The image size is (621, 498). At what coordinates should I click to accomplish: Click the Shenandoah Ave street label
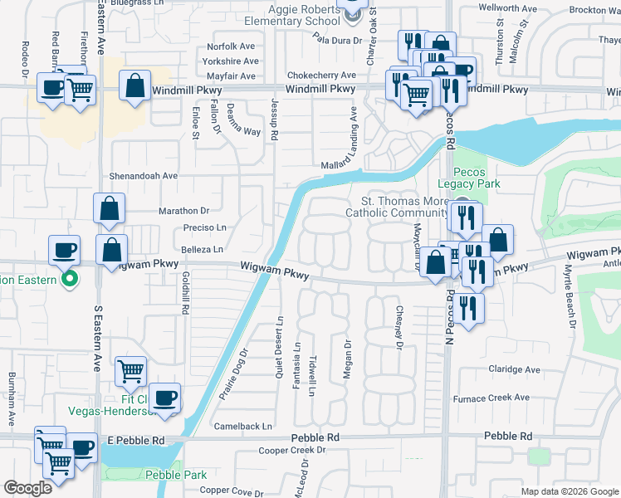click(146, 176)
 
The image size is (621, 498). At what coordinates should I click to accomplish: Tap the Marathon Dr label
click(183, 211)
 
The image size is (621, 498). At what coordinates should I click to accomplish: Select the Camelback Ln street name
click(243, 426)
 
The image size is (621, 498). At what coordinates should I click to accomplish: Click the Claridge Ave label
click(514, 370)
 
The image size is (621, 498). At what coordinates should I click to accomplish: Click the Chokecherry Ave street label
click(322, 75)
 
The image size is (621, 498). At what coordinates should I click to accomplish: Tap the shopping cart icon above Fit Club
click(130, 371)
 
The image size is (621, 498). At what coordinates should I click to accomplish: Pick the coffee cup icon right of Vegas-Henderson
click(164, 396)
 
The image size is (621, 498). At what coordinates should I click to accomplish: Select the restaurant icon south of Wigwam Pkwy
click(469, 307)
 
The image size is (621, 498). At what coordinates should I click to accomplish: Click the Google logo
click(27, 488)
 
